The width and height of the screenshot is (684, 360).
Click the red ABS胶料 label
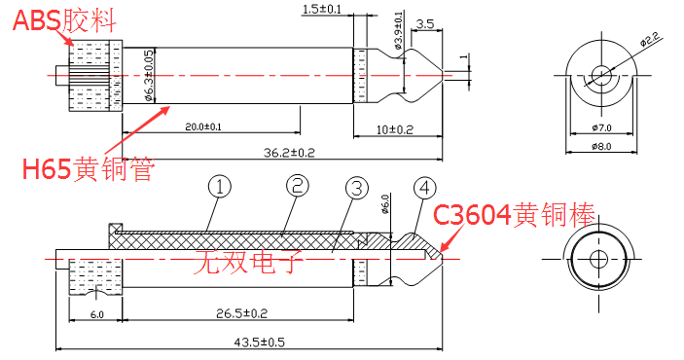[64, 20]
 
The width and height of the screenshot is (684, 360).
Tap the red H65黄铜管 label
[89, 169]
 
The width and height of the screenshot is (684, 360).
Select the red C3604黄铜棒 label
[514, 214]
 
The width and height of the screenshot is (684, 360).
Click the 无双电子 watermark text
[248, 261]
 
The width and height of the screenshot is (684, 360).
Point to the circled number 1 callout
[220, 187]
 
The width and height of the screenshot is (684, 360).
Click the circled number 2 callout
[298, 186]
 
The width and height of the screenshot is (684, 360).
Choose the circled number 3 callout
[357, 188]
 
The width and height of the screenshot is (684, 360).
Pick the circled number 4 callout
[425, 188]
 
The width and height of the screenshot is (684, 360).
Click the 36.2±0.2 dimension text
[289, 153]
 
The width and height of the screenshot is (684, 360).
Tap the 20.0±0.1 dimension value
[203, 127]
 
